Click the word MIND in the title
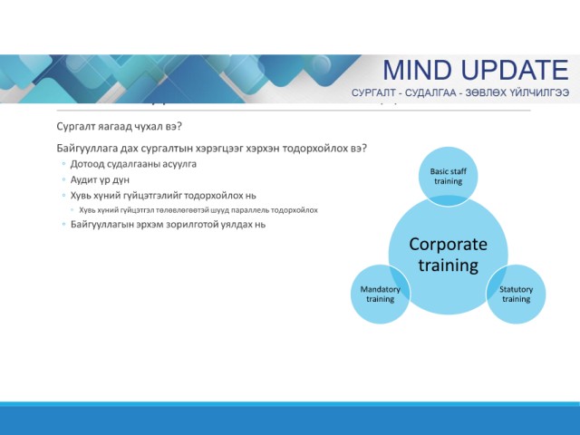tap(418, 70)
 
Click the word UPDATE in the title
tap(516, 70)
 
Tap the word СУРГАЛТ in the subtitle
tap(373, 92)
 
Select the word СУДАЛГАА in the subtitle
tap(430, 92)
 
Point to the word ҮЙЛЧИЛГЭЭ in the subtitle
tap(540, 92)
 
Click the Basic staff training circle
tap(448, 176)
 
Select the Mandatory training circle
tap(381, 294)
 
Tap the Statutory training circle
tap(516, 294)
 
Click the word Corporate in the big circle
tap(448, 245)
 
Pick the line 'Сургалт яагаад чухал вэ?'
tap(119, 127)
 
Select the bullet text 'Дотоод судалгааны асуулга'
tap(133, 164)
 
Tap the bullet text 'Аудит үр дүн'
tap(100, 179)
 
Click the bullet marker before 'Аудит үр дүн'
tap(64, 179)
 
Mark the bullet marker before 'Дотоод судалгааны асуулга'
tap(64, 163)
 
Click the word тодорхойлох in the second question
tap(314, 149)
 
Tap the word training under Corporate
tap(449, 266)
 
